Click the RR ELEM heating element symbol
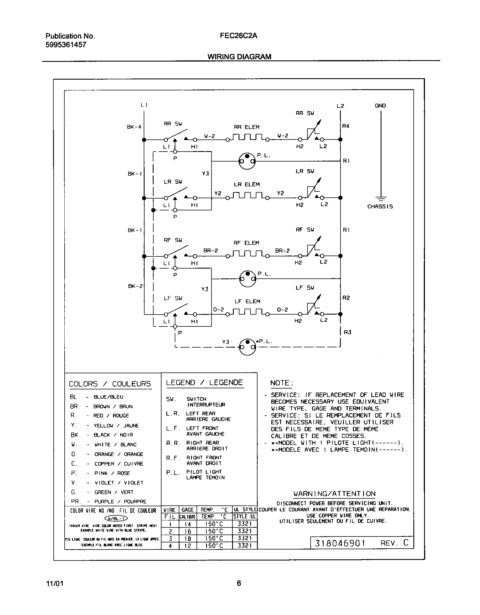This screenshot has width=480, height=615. coord(248,137)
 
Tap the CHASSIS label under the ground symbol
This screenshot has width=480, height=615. coord(380,206)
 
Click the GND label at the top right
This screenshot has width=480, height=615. coord(380,106)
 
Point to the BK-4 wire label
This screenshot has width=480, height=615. coord(134,127)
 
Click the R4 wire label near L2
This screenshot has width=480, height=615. coord(346,126)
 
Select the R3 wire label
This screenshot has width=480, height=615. coord(347,332)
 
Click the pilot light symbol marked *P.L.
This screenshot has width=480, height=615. coord(247,346)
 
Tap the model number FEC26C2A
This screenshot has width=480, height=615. coord(239,36)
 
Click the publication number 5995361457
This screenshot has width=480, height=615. coord(66,45)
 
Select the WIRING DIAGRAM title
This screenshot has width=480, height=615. coord(239,56)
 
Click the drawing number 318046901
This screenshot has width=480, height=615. coord(340,543)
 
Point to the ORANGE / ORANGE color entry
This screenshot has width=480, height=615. coord(119,454)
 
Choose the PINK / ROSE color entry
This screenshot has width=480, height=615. coord(112,473)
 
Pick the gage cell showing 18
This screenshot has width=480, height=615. coord(188,538)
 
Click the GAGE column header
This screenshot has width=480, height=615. coord(187,510)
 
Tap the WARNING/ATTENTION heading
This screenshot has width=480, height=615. coord(334,494)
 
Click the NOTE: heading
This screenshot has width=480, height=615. coord(282,383)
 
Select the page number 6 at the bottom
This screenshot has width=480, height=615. coord(239,583)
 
